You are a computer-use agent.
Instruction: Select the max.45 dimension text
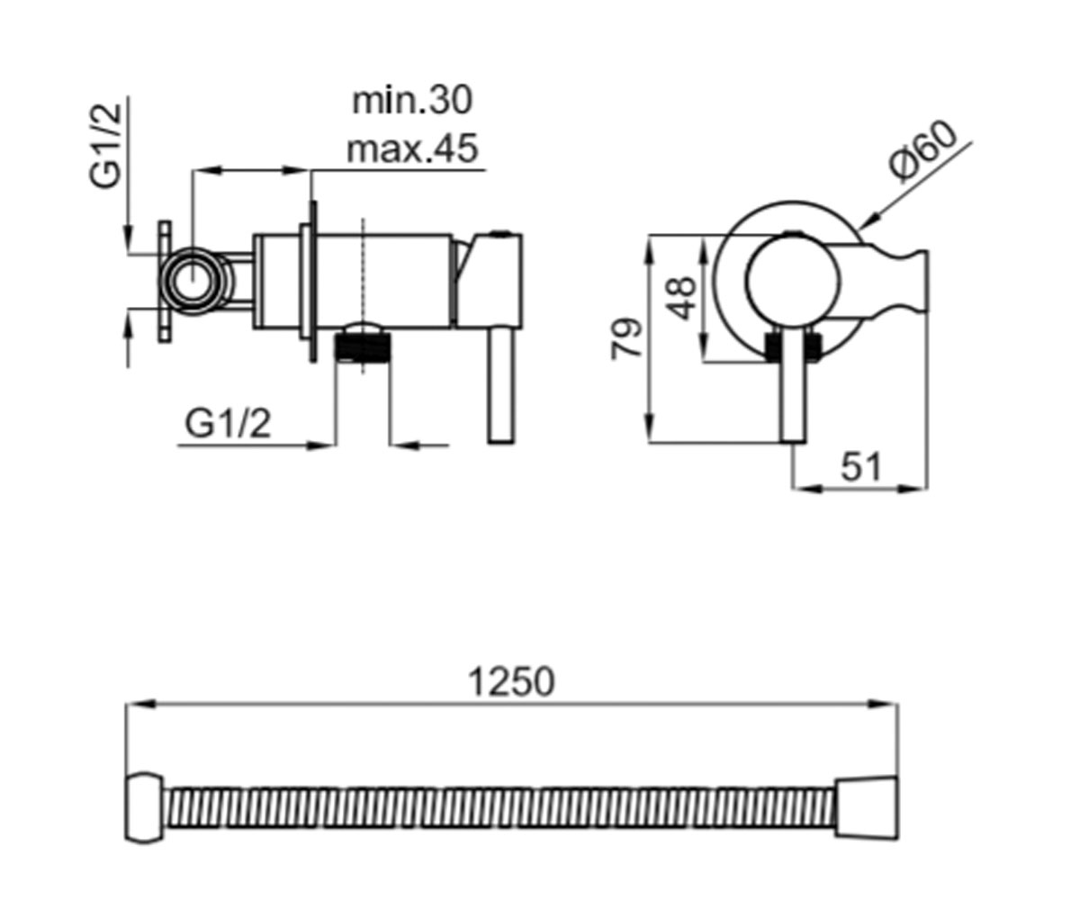coord(412,149)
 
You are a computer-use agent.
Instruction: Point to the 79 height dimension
coord(626,338)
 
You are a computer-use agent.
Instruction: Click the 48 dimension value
coord(680,299)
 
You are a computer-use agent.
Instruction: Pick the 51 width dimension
coord(860,466)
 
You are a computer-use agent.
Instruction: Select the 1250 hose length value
coord(510,681)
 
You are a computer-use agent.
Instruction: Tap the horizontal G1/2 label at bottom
coord(228,424)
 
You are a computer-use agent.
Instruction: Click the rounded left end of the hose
coord(144,808)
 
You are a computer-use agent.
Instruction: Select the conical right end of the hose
coord(867,807)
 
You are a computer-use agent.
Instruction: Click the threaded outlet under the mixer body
coord(363,346)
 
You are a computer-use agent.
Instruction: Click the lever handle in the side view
coord(501,385)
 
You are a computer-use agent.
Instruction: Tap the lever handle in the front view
coord(793,386)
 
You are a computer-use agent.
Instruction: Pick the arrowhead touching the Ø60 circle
coord(867,220)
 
